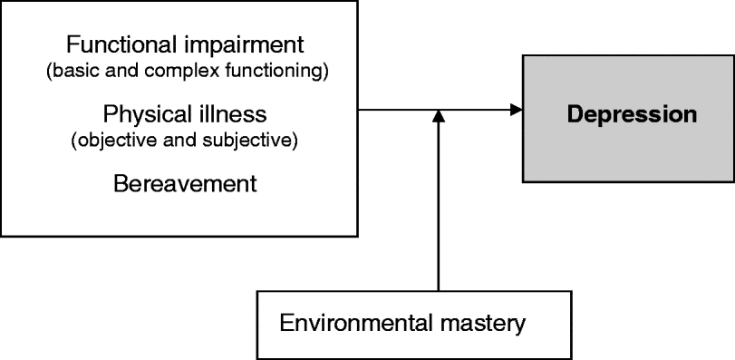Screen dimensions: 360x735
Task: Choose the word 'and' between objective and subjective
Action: [181, 142]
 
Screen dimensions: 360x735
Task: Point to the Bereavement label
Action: [185, 184]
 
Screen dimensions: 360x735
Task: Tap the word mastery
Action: [485, 323]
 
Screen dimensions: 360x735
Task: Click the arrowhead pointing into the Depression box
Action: [517, 111]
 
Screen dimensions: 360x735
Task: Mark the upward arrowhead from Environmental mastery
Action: [439, 117]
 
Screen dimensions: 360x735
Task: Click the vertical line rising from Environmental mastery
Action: [439, 209]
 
